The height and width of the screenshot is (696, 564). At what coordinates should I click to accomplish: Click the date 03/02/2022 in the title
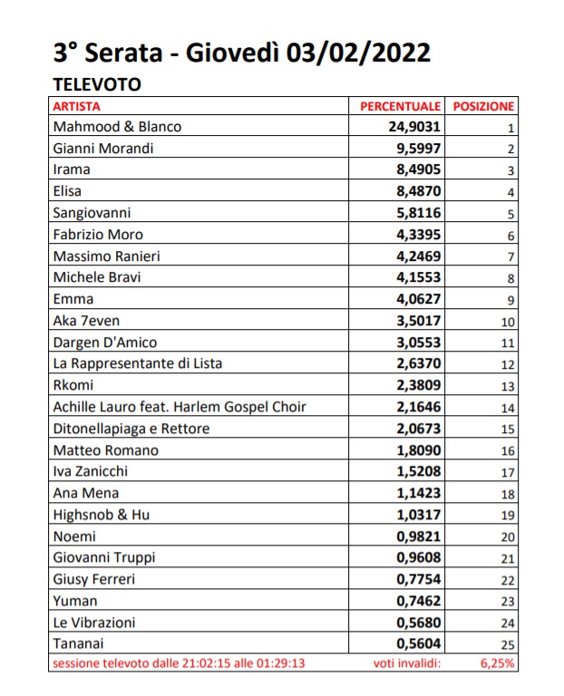pyautogui.click(x=359, y=53)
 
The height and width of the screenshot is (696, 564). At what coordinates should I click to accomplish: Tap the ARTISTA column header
pyautogui.click(x=78, y=107)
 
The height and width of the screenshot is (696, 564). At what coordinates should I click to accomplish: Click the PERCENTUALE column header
pyautogui.click(x=401, y=107)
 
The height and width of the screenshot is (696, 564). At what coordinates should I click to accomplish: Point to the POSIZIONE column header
pyautogui.click(x=483, y=107)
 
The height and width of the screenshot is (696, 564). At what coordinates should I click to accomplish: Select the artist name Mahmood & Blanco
pyautogui.click(x=118, y=127)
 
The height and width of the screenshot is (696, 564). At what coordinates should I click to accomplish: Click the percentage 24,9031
pyautogui.click(x=415, y=127)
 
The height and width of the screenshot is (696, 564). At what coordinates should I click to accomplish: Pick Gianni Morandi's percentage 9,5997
pyautogui.click(x=419, y=149)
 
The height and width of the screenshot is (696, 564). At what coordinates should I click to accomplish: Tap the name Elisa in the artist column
pyautogui.click(x=68, y=191)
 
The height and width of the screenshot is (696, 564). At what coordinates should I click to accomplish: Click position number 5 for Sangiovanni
pyautogui.click(x=511, y=214)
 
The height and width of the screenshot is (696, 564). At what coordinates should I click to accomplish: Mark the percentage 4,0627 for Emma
pyautogui.click(x=419, y=299)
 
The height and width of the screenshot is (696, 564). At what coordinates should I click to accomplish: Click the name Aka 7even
pyautogui.click(x=85, y=321)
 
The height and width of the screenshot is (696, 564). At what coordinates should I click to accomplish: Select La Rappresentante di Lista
pyautogui.click(x=138, y=363)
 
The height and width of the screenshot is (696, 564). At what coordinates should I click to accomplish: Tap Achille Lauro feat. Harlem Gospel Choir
pyautogui.click(x=180, y=407)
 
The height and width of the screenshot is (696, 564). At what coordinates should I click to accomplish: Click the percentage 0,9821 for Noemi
pyautogui.click(x=419, y=536)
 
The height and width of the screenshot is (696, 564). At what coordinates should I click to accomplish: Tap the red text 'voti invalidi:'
pyautogui.click(x=407, y=664)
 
